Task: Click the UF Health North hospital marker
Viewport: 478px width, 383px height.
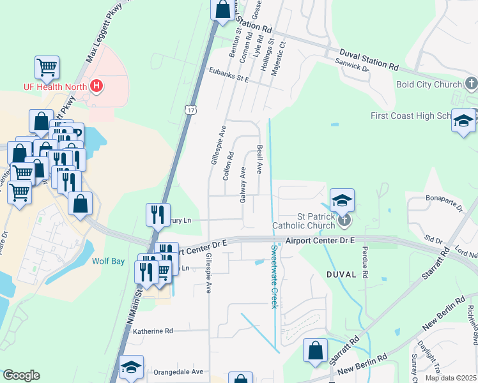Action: (96, 86)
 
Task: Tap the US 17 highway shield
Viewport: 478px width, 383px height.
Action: (191, 110)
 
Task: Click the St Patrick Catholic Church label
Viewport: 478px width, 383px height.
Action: (304, 221)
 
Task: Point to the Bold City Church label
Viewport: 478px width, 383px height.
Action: (429, 84)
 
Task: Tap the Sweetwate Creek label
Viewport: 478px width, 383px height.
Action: (274, 276)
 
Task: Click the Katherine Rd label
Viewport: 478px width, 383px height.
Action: (153, 331)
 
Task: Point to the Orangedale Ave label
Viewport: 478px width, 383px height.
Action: (178, 372)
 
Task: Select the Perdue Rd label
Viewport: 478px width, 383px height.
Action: (366, 262)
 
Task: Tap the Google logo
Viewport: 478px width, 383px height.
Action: (21, 375)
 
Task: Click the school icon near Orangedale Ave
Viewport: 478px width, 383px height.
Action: (131, 368)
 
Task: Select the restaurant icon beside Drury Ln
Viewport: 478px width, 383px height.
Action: (157, 214)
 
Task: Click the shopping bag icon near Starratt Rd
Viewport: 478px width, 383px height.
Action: (315, 350)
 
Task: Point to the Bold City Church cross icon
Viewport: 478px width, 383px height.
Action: (471, 84)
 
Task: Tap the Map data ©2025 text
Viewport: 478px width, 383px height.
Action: (451, 378)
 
